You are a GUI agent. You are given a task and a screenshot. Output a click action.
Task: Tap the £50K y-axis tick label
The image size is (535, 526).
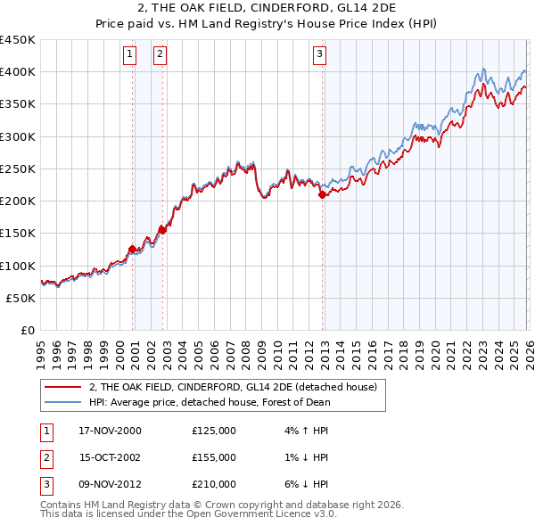(x=21, y=298)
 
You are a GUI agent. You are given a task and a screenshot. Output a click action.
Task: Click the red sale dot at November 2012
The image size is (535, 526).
(x=322, y=194)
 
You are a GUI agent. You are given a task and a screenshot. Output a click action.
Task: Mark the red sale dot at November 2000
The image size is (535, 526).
(x=133, y=249)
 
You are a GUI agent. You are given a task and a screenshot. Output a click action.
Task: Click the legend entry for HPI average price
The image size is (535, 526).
(x=210, y=402)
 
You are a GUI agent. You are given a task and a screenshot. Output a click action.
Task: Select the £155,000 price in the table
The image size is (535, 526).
(x=214, y=457)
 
